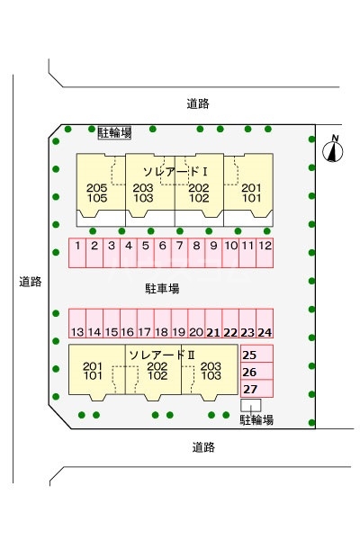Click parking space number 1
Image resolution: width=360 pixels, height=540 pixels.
78,252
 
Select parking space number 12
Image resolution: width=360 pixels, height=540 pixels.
265,252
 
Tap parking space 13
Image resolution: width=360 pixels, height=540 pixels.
78,325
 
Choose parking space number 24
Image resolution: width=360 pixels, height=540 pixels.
265,325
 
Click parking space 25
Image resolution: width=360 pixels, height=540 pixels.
250,355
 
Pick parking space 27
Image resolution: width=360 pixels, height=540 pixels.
250,389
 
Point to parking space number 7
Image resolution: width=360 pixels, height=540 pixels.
180,252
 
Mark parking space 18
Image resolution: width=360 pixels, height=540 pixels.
163,325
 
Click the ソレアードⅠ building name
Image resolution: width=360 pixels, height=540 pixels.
175,170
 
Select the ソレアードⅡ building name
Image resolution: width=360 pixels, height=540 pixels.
162,354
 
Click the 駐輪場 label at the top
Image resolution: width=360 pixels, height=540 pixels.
114,132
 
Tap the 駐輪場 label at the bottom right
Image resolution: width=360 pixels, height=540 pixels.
256,419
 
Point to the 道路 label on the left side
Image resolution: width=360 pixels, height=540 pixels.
30,282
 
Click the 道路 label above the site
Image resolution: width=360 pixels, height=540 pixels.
199,103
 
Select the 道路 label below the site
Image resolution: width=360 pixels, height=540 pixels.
203,446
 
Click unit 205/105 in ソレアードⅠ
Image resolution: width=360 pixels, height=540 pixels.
97,193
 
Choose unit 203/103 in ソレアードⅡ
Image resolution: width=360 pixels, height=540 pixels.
211,372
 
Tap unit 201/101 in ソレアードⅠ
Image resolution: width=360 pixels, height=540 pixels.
251,193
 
